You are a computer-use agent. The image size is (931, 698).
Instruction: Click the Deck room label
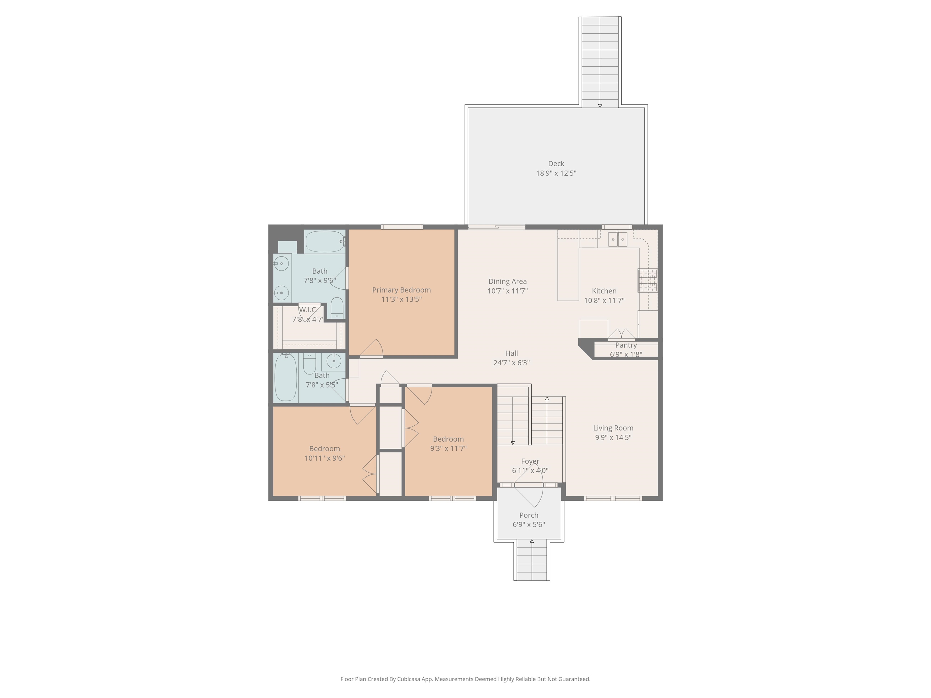(556, 164)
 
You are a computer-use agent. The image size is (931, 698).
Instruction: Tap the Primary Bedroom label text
(402, 290)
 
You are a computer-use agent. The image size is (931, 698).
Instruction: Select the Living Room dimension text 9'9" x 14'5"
(613, 437)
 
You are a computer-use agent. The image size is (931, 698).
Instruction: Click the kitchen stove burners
(647, 281)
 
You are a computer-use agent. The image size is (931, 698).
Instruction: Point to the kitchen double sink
(617, 239)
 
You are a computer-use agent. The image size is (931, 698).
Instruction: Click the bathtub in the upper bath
(325, 241)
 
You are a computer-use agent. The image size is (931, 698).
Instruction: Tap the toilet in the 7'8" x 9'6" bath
(337, 308)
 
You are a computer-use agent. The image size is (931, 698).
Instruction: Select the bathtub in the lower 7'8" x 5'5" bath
(286, 377)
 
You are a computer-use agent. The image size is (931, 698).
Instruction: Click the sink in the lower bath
(334, 361)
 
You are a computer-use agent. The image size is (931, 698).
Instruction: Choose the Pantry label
(626, 345)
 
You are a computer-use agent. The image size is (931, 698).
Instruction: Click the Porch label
(529, 515)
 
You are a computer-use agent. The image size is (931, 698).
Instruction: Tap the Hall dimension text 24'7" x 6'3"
(511, 363)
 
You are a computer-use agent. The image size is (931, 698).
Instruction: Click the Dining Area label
(508, 281)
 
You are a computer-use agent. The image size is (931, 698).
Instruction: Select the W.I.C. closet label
(309, 310)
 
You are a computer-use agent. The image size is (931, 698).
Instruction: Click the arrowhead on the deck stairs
(600, 106)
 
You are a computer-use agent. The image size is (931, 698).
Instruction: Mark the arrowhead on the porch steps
(532, 541)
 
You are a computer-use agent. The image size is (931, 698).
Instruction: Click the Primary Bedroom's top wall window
(402, 227)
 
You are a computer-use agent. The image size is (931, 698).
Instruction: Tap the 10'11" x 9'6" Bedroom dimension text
(325, 458)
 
